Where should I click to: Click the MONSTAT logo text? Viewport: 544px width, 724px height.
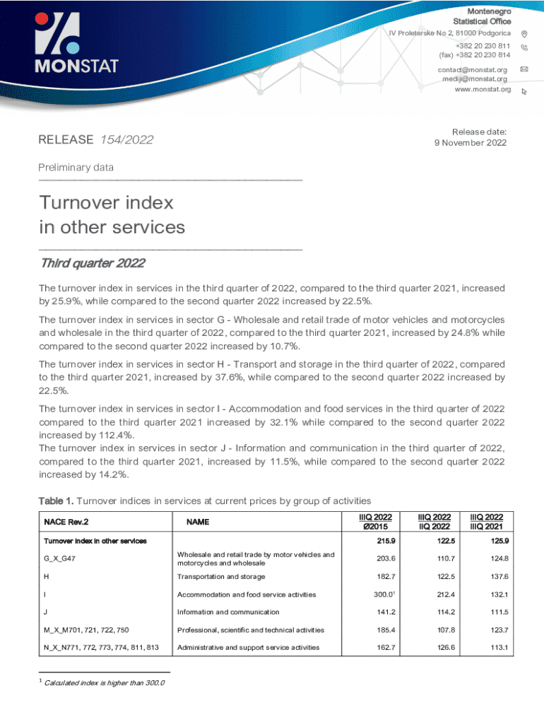pos(78,66)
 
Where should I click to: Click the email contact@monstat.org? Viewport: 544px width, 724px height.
pos(473,69)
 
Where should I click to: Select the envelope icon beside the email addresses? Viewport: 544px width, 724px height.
pos(524,69)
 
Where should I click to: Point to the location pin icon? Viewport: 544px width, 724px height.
pos(524,34)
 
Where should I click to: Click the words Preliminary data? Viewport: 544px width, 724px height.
pos(76,168)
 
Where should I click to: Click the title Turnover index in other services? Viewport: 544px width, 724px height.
pos(112,215)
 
